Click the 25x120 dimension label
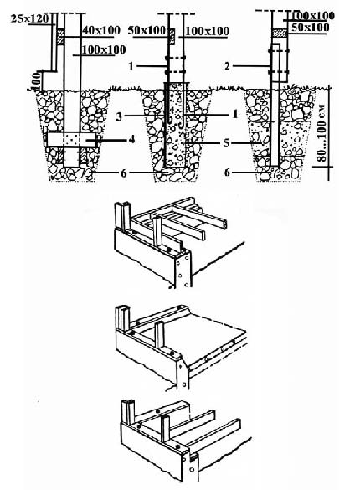click(x=30, y=18)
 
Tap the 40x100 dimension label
click(x=101, y=30)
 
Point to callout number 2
click(x=227, y=66)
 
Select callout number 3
click(x=119, y=117)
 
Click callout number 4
click(x=131, y=139)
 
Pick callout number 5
click(x=226, y=143)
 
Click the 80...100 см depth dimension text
click(x=322, y=133)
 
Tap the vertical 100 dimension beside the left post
click(x=37, y=80)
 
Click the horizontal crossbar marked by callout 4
click(x=71, y=139)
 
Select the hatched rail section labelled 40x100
click(x=60, y=37)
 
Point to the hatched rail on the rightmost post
click(x=280, y=33)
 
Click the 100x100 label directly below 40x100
click(x=104, y=50)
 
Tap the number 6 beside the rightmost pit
click(x=227, y=173)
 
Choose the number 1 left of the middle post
click(x=131, y=66)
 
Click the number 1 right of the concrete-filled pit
click(x=235, y=115)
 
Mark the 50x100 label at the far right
click(x=311, y=28)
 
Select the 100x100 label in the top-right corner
click(x=312, y=16)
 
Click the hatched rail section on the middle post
click(x=172, y=36)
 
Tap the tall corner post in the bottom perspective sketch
click(x=127, y=412)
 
